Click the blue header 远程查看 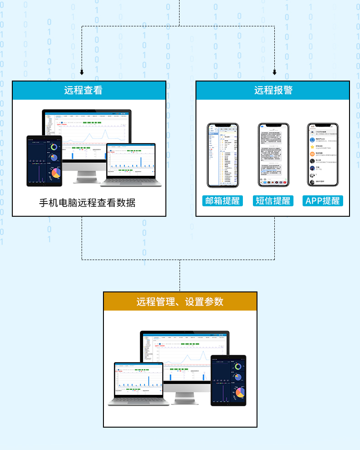tap(89, 90)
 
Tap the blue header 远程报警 tap(273, 90)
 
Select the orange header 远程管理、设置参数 tap(180, 302)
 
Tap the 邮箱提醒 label tap(222, 201)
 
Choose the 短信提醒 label tap(273, 201)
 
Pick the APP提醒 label tap(323, 201)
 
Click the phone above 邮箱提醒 tap(223, 155)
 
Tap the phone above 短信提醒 tap(273, 155)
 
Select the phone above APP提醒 tap(323, 155)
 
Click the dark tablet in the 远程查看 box tap(44, 161)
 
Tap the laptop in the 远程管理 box tap(138, 383)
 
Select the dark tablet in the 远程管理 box tap(228, 380)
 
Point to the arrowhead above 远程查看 tap(82, 72)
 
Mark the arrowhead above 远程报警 tap(274, 72)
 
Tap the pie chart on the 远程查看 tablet tap(56, 173)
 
